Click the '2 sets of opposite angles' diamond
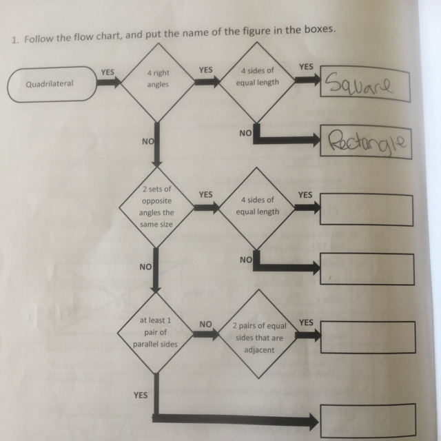click(157, 207)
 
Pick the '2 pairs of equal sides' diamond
click(258, 337)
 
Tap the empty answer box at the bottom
click(367, 419)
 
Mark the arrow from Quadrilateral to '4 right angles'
click(108, 83)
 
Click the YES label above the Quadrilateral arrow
click(107, 70)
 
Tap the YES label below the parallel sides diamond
click(141, 396)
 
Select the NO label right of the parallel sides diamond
click(205, 322)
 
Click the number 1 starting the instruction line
click(14, 41)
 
